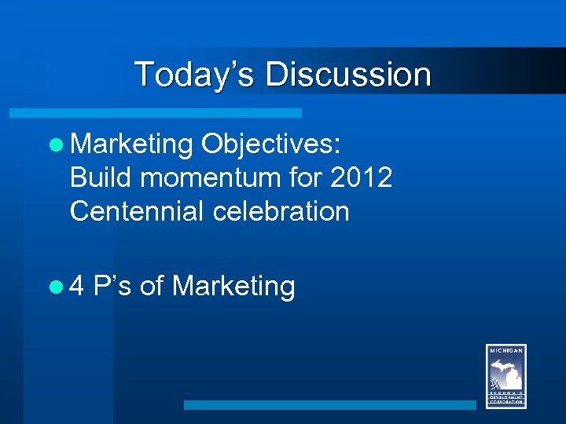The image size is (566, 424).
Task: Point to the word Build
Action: [x=101, y=177]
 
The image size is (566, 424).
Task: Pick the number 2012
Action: [x=361, y=177]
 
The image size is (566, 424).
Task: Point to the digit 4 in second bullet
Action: [x=77, y=287]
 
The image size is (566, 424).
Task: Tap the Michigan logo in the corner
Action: [x=505, y=376]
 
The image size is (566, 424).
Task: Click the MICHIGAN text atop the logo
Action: [x=505, y=350]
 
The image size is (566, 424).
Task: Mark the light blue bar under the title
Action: [x=155, y=113]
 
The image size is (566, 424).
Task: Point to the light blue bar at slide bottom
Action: [x=330, y=405]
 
